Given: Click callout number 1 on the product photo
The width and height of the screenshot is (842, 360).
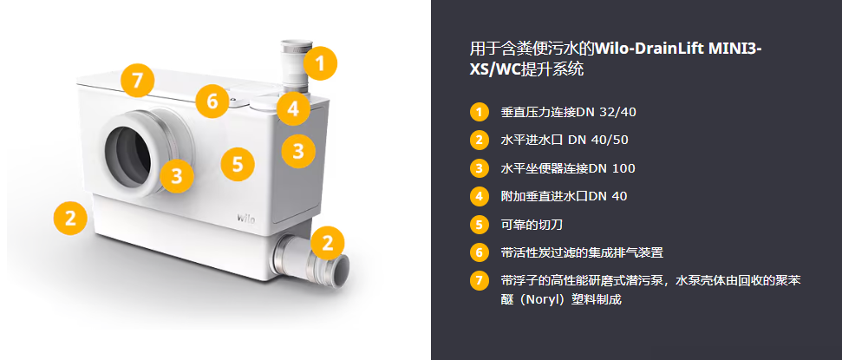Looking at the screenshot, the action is [321, 63].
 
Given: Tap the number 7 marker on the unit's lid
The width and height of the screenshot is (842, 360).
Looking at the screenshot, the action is [138, 81].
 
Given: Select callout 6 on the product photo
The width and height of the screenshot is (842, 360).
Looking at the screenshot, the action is [212, 101].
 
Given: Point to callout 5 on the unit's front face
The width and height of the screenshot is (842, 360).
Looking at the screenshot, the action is [238, 164].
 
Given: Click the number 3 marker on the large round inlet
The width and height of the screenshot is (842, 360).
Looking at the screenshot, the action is [177, 175].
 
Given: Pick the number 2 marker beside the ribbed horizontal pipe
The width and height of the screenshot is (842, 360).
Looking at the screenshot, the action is [328, 243].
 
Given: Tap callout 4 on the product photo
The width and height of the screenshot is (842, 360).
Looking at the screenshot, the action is [292, 108].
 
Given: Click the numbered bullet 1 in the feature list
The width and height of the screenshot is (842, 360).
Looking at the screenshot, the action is [479, 112].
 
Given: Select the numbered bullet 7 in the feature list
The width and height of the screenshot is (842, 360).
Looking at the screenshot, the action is [479, 281].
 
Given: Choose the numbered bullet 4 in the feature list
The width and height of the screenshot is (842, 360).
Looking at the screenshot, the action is [479, 197].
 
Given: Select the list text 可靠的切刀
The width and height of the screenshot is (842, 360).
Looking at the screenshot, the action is [532, 225].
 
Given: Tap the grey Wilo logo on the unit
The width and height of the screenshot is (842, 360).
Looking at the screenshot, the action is [246, 218].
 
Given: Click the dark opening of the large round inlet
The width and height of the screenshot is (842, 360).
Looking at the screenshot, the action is [128, 157].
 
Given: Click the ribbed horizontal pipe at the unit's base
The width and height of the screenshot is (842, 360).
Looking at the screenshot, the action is [311, 260].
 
